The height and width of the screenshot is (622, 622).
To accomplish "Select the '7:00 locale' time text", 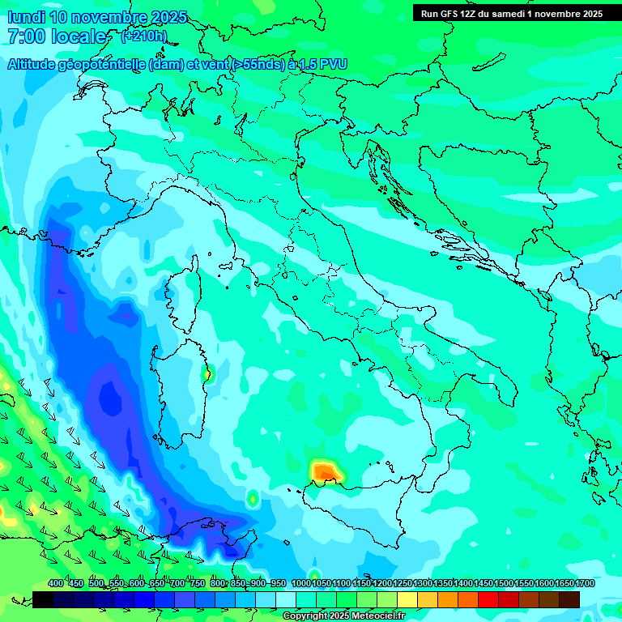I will (x=57, y=36).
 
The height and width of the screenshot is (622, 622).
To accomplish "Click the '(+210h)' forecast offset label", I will (x=143, y=36).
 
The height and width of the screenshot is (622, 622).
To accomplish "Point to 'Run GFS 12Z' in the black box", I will (x=449, y=14).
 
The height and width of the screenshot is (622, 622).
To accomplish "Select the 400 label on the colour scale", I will (x=56, y=584).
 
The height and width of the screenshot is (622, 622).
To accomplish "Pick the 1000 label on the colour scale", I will (x=300, y=584).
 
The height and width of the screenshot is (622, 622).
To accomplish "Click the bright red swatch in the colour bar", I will (x=488, y=599).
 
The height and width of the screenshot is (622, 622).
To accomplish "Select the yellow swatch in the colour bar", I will (x=407, y=599).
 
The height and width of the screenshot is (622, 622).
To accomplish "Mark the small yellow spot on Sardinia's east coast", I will (x=206, y=373).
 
